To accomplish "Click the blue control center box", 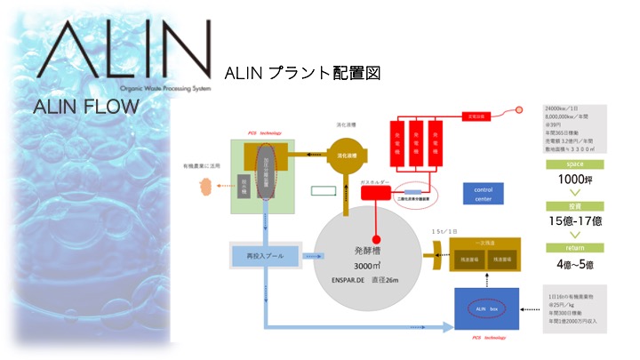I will coord(484,193).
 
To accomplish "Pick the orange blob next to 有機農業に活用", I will coord(206,186).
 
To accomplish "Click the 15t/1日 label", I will coord(442,231).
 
